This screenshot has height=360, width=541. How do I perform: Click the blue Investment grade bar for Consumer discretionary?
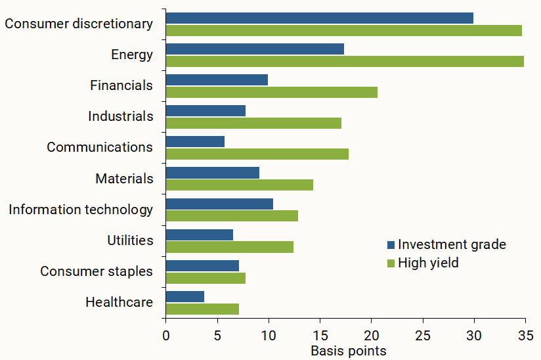[x=319, y=18]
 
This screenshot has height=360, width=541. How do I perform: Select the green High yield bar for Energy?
[x=345, y=61]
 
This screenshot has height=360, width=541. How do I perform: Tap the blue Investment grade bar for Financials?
[x=217, y=79]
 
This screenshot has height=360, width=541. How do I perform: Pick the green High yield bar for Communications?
[x=257, y=154]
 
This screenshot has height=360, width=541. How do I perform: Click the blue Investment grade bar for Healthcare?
[x=184, y=296]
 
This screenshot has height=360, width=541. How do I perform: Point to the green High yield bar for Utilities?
[x=229, y=247]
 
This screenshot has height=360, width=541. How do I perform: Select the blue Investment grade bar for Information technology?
[x=219, y=204]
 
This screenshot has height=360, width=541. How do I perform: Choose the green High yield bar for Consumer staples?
[x=206, y=278]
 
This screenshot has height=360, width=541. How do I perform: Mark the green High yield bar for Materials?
[x=239, y=185]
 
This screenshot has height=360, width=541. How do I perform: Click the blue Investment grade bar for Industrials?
[x=206, y=110]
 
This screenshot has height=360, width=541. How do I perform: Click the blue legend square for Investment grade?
[x=391, y=245]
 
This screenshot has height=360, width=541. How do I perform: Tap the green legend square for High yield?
[x=391, y=263]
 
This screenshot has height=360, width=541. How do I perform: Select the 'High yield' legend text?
[x=428, y=263]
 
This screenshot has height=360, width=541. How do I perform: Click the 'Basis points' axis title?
[x=348, y=351]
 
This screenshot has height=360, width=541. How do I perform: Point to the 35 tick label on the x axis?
[x=525, y=335]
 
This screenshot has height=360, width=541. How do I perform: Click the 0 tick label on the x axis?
[x=166, y=335]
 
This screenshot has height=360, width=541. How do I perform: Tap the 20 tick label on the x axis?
[x=371, y=335]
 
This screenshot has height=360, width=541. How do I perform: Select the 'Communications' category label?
[x=99, y=147]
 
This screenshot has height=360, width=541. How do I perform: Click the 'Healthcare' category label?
[x=119, y=302]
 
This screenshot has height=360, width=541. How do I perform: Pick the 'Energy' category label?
[x=131, y=55]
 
